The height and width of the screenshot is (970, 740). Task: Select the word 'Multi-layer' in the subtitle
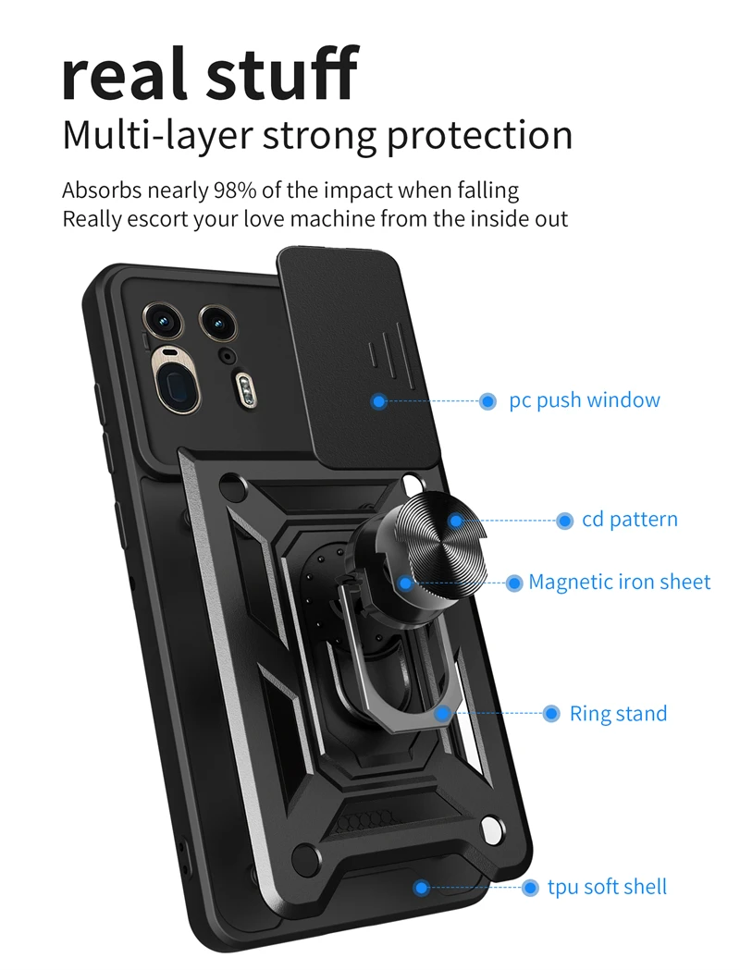156,136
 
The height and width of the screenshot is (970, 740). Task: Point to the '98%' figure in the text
238,191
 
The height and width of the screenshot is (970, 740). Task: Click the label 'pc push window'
585,400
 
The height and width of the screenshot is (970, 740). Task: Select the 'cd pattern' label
629,520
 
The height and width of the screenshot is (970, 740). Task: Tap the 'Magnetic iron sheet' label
619,583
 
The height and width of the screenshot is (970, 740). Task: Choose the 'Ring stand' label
618,714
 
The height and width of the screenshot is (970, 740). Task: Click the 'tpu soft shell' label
607,887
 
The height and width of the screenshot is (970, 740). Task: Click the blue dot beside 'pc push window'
487,401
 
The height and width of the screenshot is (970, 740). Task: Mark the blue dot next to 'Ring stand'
551,714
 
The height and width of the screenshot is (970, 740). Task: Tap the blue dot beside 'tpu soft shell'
530,888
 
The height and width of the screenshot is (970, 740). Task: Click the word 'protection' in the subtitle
479,136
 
